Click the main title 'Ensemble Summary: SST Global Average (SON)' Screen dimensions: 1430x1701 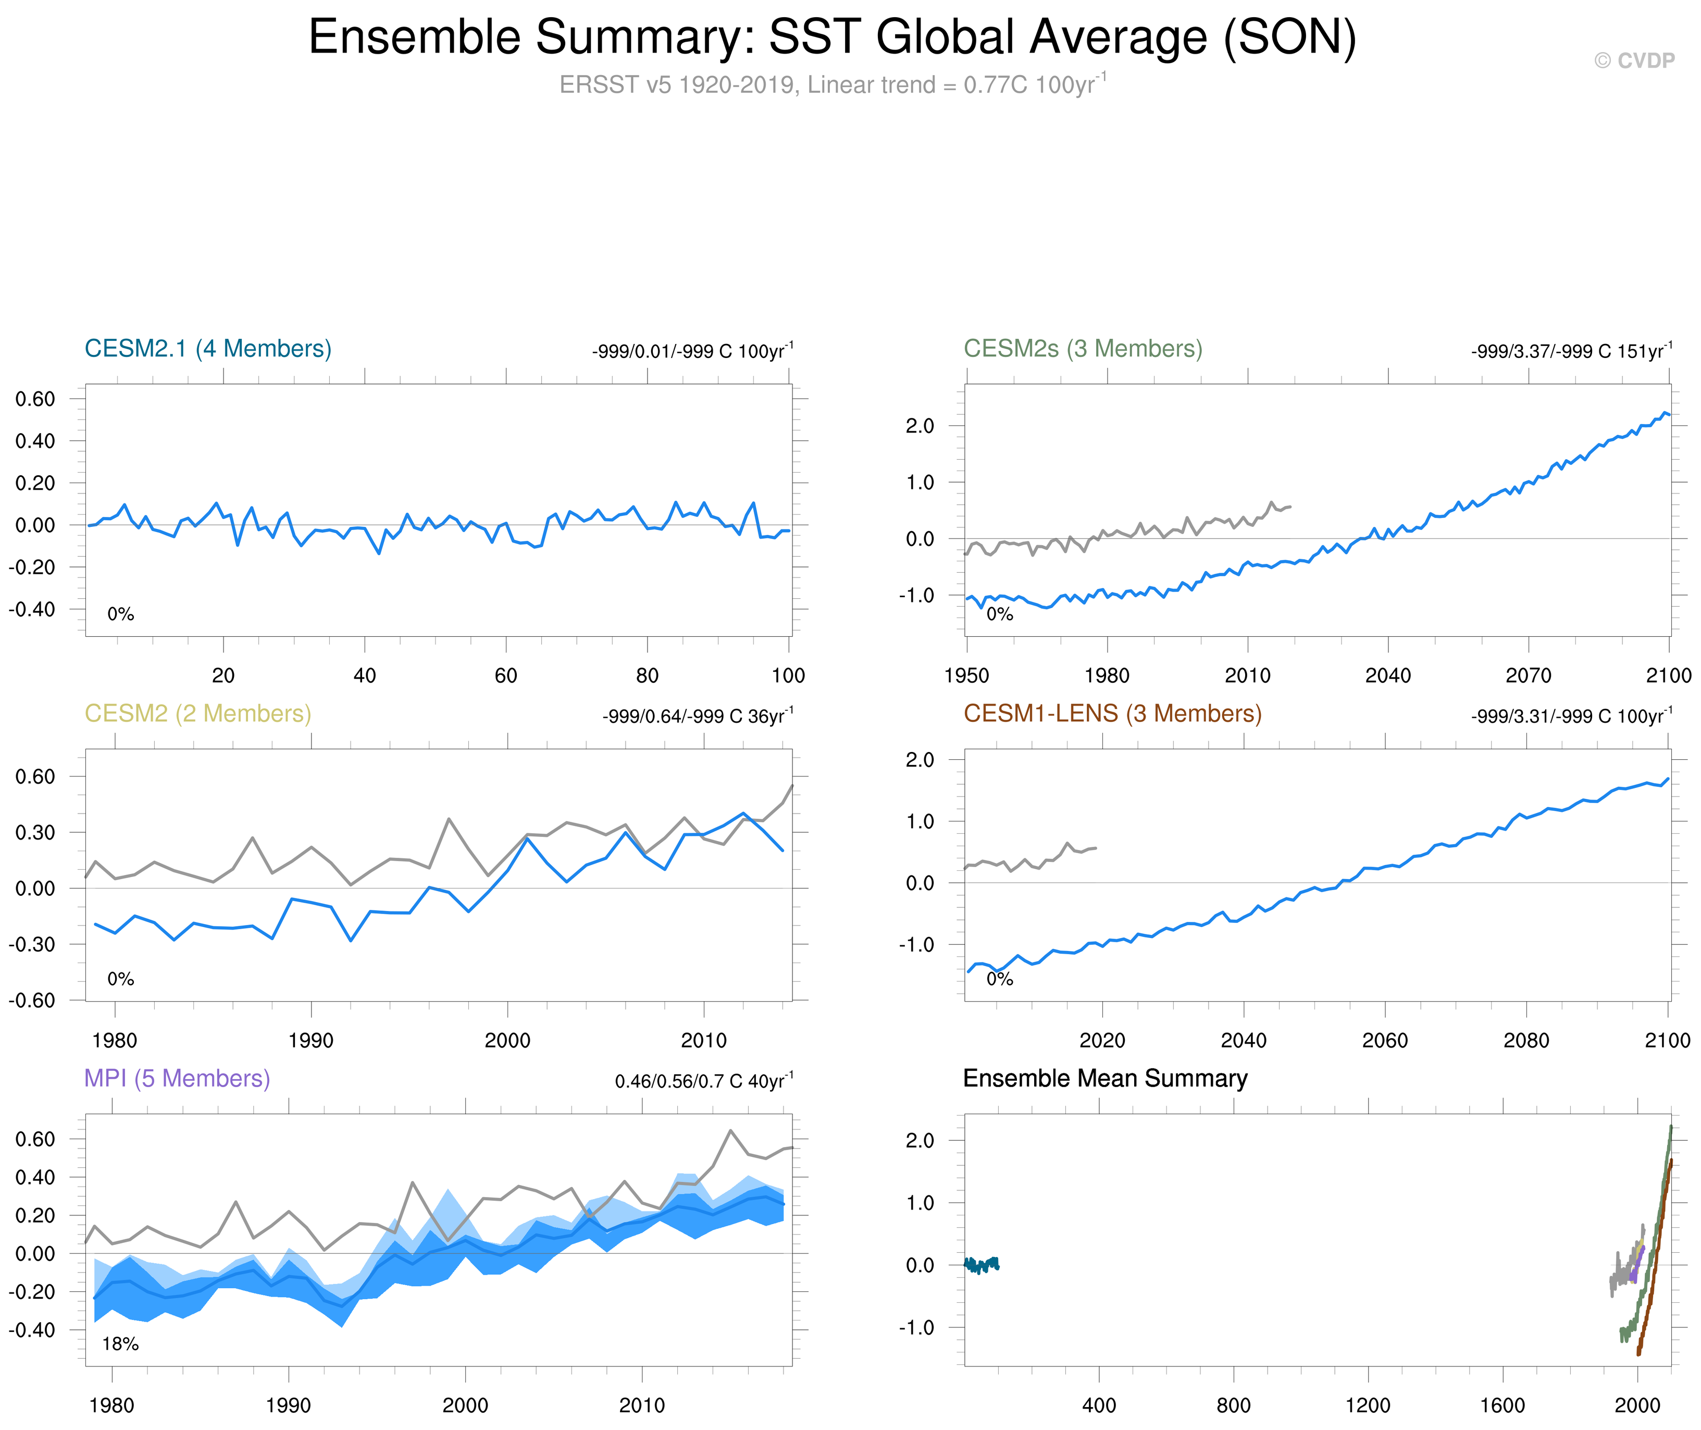tap(833, 38)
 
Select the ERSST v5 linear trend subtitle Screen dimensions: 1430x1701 tap(833, 84)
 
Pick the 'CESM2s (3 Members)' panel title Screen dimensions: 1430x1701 tap(1083, 349)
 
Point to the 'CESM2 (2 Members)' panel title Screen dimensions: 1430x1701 tap(198, 713)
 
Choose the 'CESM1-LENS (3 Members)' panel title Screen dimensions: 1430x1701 tap(1112, 713)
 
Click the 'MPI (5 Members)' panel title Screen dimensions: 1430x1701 tap(177, 1078)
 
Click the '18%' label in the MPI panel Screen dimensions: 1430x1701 tap(120, 1344)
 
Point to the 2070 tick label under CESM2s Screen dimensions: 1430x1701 tap(1528, 675)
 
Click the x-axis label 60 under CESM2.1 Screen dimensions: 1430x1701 tap(506, 675)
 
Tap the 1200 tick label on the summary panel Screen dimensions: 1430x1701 tap(1368, 1406)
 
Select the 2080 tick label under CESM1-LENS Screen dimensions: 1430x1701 tap(1526, 1040)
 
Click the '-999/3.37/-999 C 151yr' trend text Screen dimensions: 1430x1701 tap(1570, 351)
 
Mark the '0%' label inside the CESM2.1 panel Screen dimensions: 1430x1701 tap(121, 614)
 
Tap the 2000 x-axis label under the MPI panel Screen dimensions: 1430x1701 tap(465, 1406)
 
